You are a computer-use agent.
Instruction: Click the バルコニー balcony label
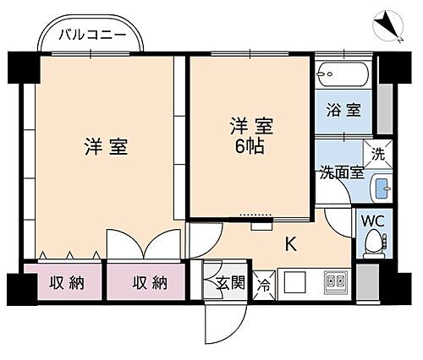pyautogui.click(x=93, y=35)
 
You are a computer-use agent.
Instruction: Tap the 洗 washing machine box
pyautogui.click(x=379, y=154)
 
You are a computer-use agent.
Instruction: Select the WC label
pyautogui.click(x=373, y=221)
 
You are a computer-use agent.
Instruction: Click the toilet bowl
pyautogui.click(x=373, y=243)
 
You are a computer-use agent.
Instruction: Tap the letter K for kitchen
pyautogui.click(x=290, y=245)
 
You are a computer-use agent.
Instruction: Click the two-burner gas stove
pyautogui.click(x=333, y=281)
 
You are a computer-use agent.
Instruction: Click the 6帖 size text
pyautogui.click(x=252, y=145)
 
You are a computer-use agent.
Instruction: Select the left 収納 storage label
pyautogui.click(x=65, y=283)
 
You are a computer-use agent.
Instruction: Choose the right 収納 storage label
pyautogui.click(x=149, y=283)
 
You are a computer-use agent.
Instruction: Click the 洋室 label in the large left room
pyautogui.click(x=105, y=145)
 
